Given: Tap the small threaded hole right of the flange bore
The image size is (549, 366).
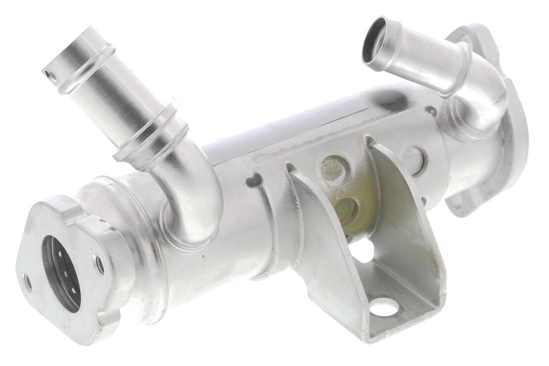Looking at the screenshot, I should tap(100, 265).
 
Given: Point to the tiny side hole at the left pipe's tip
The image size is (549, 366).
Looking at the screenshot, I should tap(50, 75).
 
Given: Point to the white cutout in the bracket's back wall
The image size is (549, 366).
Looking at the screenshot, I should tap(364, 252).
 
